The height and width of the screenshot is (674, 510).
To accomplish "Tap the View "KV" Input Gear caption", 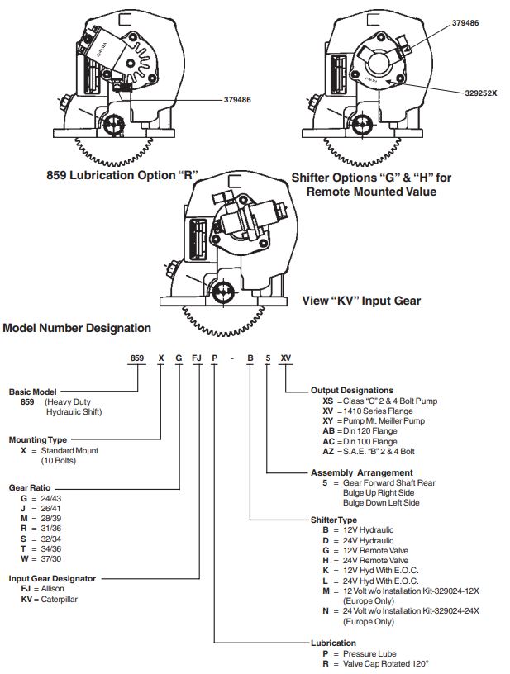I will pos(362,301).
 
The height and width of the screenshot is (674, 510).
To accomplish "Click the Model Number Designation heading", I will pos(77,328).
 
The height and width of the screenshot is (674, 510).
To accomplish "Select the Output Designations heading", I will pos(352,390).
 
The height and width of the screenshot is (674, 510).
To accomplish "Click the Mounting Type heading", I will pos(37,439).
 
